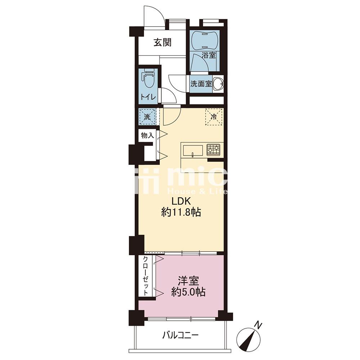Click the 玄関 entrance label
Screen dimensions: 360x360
(163, 43)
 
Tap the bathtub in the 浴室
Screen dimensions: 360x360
(205, 40)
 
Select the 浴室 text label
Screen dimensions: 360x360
(209, 55)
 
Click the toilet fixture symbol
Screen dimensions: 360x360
(149, 78)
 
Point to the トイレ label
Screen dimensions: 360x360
(148, 96)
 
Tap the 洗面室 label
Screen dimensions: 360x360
(201, 84)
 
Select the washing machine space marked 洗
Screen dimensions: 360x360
(147, 117)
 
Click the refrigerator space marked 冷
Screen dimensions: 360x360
(214, 117)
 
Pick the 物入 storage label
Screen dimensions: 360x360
(147, 136)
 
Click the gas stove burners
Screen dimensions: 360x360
(213, 150)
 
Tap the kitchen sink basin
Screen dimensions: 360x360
(192, 151)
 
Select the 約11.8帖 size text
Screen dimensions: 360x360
(181, 212)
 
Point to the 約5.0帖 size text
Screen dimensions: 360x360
(188, 292)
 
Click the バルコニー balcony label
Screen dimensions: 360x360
(180, 336)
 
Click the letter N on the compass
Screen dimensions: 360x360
(259, 325)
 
